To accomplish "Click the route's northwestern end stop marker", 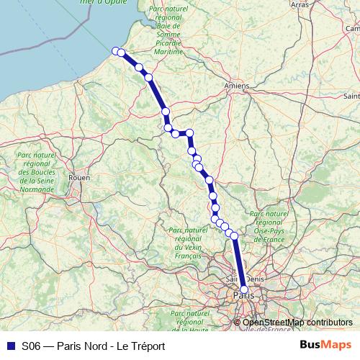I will pos(115,50).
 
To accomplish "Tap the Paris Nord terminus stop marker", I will pos(244,289).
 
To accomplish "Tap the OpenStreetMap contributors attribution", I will pos(297,323).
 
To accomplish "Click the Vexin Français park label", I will pos(187,243).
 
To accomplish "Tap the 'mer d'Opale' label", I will pos(101,2).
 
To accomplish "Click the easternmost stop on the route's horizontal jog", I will pos(190,132).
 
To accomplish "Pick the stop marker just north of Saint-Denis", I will pos(234,236).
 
